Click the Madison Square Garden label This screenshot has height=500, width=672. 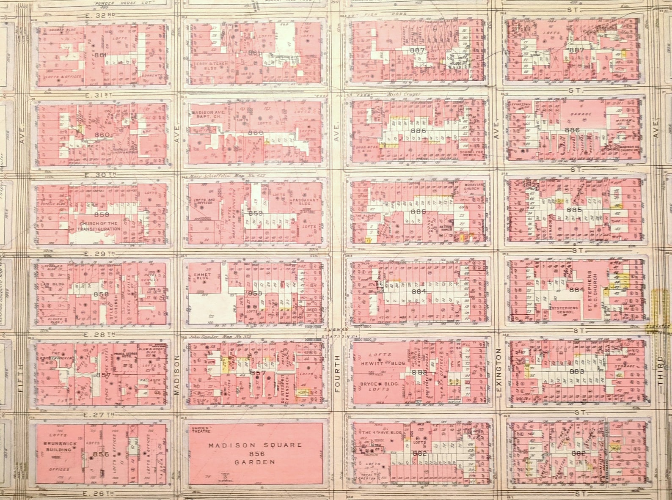pos(255,453)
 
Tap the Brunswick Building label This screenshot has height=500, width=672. pos(59,447)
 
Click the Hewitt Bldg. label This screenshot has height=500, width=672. pos(383,363)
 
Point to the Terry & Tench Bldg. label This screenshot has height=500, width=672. pos(206,65)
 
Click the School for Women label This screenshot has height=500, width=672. pos(471,153)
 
